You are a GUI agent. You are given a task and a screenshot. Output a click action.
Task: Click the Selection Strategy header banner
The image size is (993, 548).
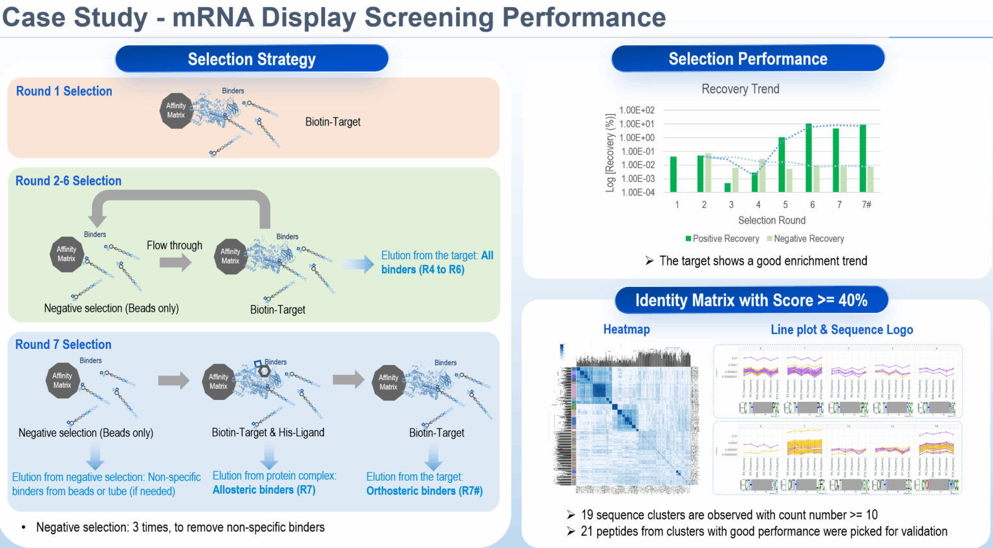(x=251, y=59)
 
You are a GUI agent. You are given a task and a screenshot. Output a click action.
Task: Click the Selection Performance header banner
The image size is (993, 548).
(x=747, y=59)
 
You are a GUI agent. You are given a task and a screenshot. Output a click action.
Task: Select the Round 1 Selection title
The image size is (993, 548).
(x=64, y=91)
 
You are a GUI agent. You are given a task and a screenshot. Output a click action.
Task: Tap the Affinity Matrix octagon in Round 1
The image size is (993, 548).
(x=176, y=111)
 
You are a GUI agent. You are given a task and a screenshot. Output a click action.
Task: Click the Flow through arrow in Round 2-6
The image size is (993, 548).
(x=175, y=262)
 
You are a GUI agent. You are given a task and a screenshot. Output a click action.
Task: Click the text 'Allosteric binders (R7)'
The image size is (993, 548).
(x=264, y=490)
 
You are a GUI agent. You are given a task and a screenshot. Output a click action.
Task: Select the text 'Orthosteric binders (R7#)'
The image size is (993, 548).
(x=424, y=491)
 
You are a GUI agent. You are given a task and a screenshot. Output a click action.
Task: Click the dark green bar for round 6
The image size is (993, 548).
(x=809, y=158)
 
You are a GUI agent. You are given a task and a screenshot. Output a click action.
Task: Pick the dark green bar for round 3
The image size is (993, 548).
(x=727, y=187)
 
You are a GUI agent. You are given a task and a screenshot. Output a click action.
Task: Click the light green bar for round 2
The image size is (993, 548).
(x=708, y=173)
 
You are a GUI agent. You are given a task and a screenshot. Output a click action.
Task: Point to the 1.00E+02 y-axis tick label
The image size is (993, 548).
(x=636, y=111)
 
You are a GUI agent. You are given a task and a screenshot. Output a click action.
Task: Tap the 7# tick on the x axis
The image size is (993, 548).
(x=866, y=205)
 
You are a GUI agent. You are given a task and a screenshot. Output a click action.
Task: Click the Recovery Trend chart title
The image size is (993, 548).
(x=740, y=89)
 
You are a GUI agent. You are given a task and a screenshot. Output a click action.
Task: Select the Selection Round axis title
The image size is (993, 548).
(x=771, y=220)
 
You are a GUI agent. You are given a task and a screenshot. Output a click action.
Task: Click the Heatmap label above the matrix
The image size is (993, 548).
(x=626, y=330)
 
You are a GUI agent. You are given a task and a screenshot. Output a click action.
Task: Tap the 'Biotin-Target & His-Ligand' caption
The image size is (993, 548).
(x=268, y=432)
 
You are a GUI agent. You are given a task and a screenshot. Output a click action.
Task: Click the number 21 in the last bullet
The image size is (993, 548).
(x=586, y=531)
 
